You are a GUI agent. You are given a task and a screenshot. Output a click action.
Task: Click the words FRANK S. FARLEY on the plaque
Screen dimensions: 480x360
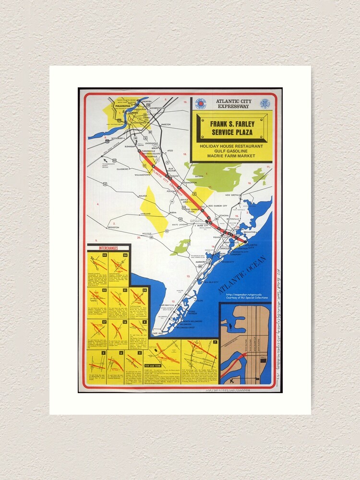pyautogui.click(x=232, y=124)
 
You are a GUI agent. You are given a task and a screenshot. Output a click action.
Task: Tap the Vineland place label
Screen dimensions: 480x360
pyautogui.click(x=145, y=213)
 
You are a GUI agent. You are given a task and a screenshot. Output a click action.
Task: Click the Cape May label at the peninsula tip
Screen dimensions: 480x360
pyautogui.click(x=158, y=333)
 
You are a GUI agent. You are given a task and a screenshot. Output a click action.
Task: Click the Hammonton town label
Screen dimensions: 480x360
pyautogui.click(x=190, y=183)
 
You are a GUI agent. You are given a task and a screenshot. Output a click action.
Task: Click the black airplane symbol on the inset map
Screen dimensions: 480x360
pyautogui.click(x=232, y=380)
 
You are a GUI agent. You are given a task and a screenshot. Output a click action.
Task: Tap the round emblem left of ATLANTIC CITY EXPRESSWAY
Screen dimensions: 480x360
pyautogui.click(x=201, y=103)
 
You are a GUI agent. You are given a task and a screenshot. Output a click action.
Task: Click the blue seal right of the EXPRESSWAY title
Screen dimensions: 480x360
pyautogui.click(x=264, y=103)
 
